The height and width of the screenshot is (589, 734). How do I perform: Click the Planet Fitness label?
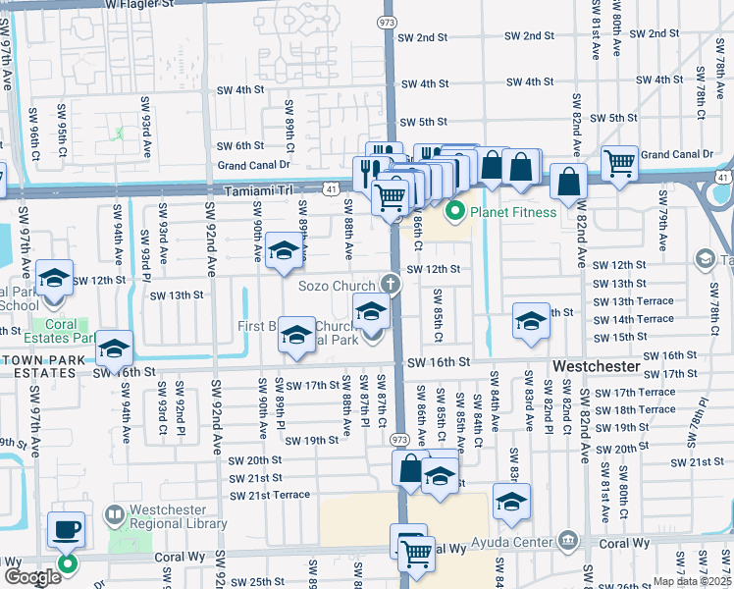(x=512, y=212)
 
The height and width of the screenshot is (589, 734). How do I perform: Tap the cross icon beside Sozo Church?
(x=391, y=286)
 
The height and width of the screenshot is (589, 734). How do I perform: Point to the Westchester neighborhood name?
(x=597, y=366)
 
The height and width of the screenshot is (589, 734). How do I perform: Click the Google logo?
(x=32, y=577)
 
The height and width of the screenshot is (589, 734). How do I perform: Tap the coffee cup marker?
(x=67, y=530)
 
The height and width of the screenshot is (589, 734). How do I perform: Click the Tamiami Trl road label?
(x=259, y=191)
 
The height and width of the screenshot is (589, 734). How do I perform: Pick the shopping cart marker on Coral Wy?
(x=416, y=554)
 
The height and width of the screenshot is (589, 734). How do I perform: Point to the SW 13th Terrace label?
(x=636, y=301)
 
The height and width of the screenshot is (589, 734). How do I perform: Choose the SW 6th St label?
(x=239, y=145)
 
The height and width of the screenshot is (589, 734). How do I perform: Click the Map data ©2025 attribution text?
(x=691, y=581)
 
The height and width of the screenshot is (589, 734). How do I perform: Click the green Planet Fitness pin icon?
(x=455, y=210)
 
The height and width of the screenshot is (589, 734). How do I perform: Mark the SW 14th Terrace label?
(x=636, y=319)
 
